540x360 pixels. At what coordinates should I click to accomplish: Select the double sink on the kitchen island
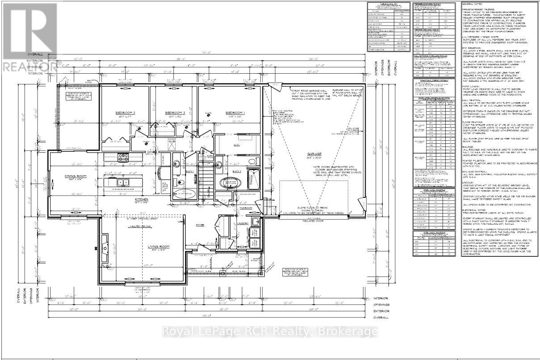pyautogui.click(x=122, y=182)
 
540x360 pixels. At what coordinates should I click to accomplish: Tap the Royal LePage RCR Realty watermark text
pyautogui.click(x=270, y=331)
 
